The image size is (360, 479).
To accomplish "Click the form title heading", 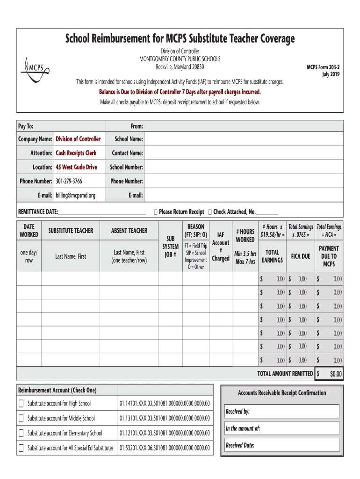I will pyautogui.click(x=180, y=39).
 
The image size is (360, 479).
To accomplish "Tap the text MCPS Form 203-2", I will pyautogui.click(x=323, y=67).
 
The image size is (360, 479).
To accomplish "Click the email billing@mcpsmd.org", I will pyautogui.click(x=75, y=196).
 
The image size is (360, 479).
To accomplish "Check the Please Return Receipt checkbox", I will pyautogui.click(x=155, y=212).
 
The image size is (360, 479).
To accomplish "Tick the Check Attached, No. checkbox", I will pyautogui.click(x=209, y=212).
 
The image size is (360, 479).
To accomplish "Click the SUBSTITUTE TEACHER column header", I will pyautogui.click(x=71, y=231).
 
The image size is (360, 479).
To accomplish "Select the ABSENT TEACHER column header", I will pyautogui.click(x=129, y=231).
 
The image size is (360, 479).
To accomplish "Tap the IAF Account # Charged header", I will pyautogui.click(x=220, y=247).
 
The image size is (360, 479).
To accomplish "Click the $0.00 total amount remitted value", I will pyautogui.click(x=336, y=374).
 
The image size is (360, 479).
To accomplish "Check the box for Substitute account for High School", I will pyautogui.click(x=21, y=404).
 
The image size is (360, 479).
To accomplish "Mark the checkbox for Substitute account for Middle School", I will pyautogui.click(x=21, y=418).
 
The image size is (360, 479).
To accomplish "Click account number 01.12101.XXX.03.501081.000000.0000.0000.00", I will pyautogui.click(x=165, y=433).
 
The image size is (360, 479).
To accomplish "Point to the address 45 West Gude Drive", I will pyautogui.click(x=77, y=167).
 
